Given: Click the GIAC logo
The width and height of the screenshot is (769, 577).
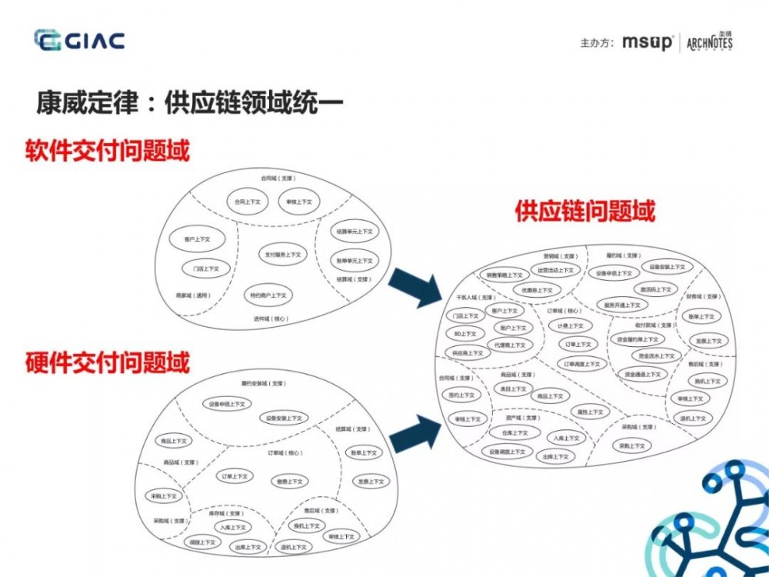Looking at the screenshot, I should (x=79, y=41).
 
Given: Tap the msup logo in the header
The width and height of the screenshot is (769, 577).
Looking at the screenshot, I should (x=647, y=42).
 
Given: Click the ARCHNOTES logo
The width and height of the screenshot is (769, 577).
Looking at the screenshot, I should (x=709, y=42).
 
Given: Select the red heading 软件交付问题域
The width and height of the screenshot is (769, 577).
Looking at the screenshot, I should (x=107, y=151).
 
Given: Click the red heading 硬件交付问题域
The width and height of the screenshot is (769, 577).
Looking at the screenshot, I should (x=107, y=362).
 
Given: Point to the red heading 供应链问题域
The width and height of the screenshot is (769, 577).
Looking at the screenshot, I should (x=585, y=211).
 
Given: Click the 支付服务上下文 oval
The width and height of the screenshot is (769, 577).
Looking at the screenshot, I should (x=283, y=254).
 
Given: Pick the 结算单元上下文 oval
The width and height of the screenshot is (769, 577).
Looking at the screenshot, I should (x=355, y=232).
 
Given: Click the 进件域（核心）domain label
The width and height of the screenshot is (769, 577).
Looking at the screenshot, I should (x=270, y=318).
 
